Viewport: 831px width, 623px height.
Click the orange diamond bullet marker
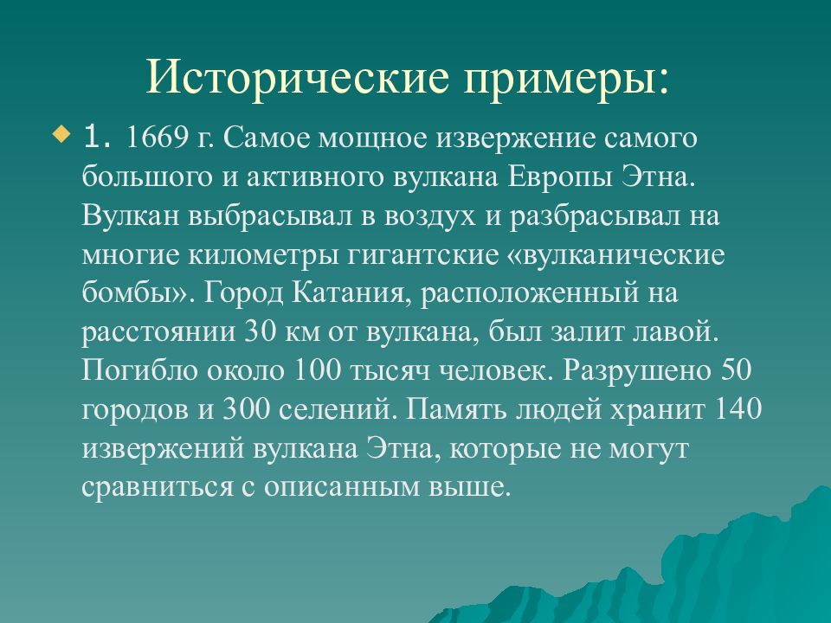[60, 134]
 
